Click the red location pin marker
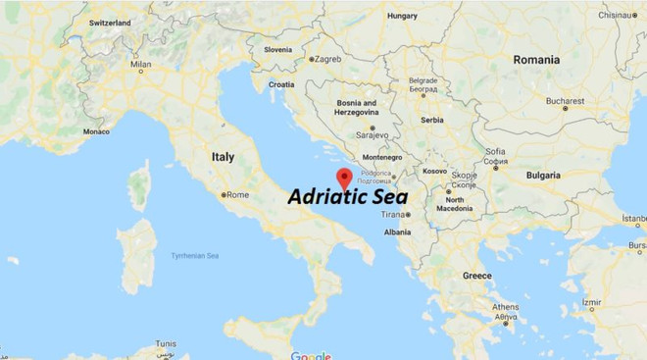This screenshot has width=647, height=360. pyautogui.click(x=344, y=177)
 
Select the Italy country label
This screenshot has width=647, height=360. pyautogui.click(x=223, y=156)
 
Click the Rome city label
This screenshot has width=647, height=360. pyautogui.click(x=238, y=194)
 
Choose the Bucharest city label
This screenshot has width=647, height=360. pyautogui.click(x=566, y=100)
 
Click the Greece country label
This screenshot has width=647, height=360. pyautogui.click(x=476, y=276)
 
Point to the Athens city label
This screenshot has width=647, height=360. pyautogui.click(x=506, y=307)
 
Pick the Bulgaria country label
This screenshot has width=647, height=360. pyautogui.click(x=543, y=175)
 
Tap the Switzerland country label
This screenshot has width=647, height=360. pyautogui.click(x=109, y=22)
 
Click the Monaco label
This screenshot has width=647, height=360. pyautogui.click(x=96, y=130)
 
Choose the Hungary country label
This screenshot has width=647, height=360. pyautogui.click(x=402, y=16)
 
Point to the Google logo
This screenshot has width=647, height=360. pyautogui.click(x=311, y=354)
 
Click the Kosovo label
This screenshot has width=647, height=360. pyautogui.click(x=434, y=171)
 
